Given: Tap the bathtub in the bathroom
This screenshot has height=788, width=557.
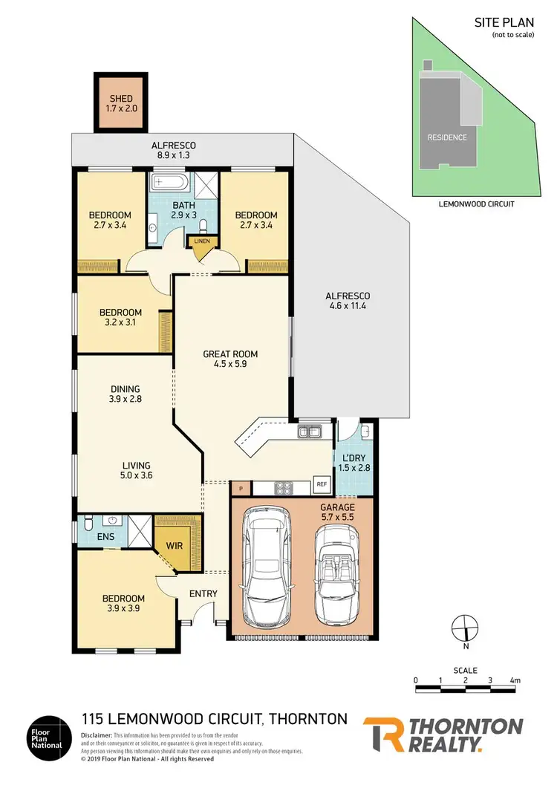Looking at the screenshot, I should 172,183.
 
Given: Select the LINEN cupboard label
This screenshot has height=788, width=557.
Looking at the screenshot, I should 201,241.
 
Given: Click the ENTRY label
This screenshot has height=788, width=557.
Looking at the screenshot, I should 203,593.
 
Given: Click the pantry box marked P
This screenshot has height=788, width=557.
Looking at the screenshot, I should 241,488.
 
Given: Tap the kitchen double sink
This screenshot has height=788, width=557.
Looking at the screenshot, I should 309,432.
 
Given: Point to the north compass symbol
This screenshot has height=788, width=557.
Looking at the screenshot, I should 465,627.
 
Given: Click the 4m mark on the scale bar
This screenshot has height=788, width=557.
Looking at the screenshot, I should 515,680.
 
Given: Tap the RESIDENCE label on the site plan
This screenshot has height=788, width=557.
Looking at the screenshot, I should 446,137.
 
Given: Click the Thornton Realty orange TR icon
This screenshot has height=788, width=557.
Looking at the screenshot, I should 383,735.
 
